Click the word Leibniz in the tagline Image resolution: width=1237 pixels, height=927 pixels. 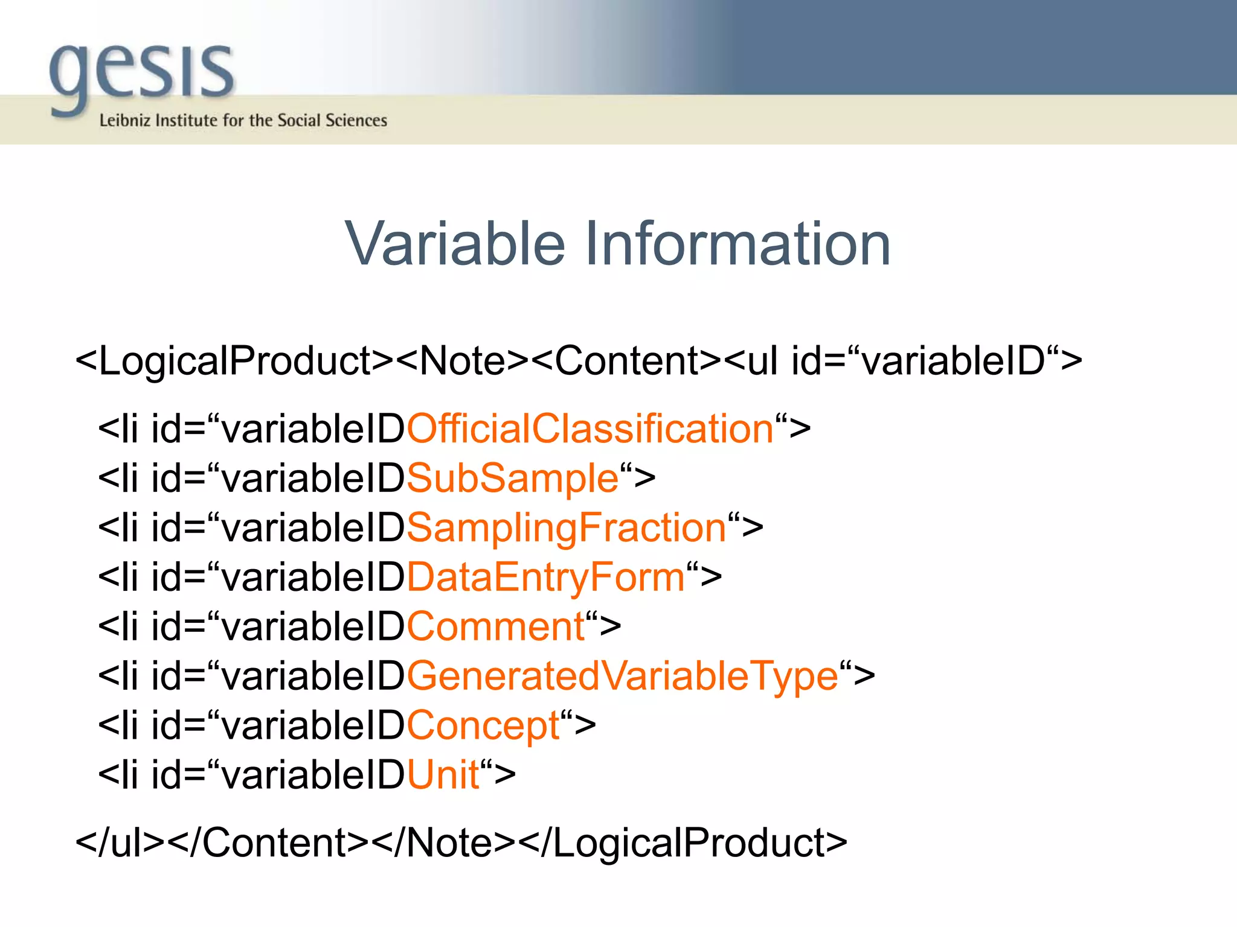[124, 120]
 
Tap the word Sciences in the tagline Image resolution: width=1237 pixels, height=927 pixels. [356, 120]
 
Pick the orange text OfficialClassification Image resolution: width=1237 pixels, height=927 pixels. [590, 429]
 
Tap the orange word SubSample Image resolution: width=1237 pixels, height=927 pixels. [513, 479]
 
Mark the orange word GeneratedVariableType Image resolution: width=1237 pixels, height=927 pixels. [622, 676]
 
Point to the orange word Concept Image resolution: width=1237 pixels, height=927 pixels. [483, 725]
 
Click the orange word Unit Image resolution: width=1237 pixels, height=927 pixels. [443, 775]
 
